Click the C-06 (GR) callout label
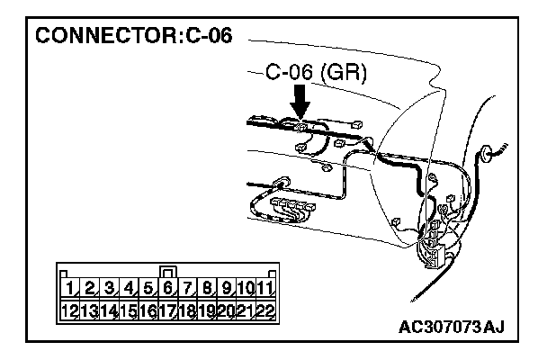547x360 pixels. (x=317, y=75)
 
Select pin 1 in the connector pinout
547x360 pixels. (x=69, y=289)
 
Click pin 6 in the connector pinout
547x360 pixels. (x=167, y=289)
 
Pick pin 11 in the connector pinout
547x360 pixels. (x=265, y=289)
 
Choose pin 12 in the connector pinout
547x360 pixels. (x=69, y=310)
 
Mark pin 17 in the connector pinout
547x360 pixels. (x=167, y=310)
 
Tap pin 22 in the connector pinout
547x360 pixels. (x=265, y=310)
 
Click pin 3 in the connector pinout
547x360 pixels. (x=109, y=289)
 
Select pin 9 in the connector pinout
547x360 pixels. (x=226, y=289)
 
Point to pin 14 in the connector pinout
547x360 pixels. (x=109, y=310)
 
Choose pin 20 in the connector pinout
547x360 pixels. (x=226, y=310)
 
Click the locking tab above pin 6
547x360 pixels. (x=167, y=271)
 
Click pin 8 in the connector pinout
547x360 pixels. (x=207, y=289)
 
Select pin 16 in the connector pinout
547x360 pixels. (x=148, y=310)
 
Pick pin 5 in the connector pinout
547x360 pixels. (x=148, y=289)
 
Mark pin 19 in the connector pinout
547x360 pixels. (x=207, y=310)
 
